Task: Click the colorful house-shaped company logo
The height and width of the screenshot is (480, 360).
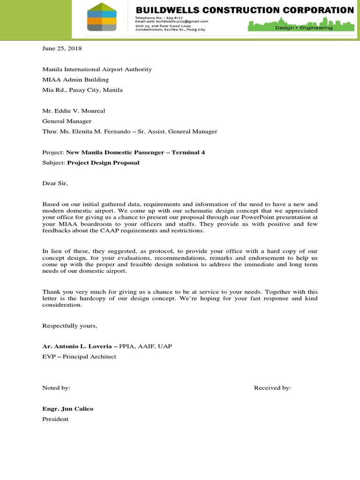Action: click(102, 17)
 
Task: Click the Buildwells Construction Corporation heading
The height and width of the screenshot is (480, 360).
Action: click(245, 9)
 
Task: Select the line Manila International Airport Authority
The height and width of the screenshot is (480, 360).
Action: click(97, 69)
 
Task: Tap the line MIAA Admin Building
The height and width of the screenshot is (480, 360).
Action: click(75, 80)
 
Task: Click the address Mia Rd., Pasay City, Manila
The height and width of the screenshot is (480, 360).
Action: click(82, 90)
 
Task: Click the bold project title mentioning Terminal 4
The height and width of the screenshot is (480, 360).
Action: click(135, 152)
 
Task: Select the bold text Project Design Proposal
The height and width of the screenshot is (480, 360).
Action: click(103, 163)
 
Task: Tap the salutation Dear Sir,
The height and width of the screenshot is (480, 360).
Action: click(55, 183)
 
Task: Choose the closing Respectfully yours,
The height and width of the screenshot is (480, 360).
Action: click(70, 325)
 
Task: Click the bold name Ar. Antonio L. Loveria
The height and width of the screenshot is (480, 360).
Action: click(77, 346)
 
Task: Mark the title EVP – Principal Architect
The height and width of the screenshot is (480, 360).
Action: click(79, 356)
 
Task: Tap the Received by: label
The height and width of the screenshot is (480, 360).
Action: click(272, 388)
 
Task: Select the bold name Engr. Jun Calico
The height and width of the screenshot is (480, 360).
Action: click(68, 409)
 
